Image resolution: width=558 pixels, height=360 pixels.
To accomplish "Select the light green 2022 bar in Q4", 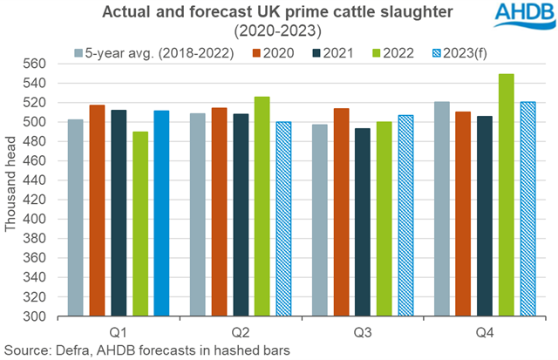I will [x=507, y=195].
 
